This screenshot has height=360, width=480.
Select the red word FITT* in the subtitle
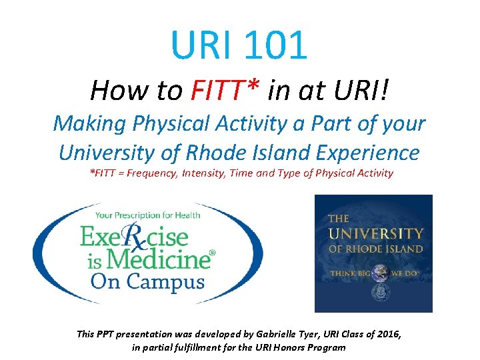(223, 90)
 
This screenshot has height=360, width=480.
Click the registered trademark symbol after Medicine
(213, 253)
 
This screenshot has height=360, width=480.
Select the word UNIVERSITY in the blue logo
(375, 234)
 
